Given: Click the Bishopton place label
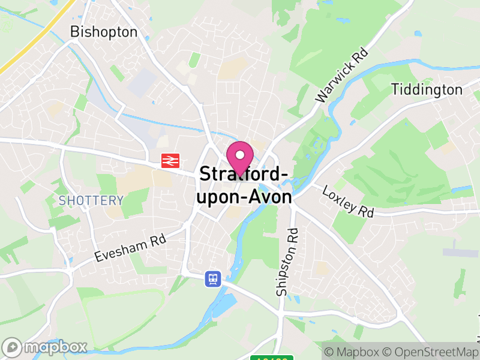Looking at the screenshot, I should pyautogui.click(x=104, y=32).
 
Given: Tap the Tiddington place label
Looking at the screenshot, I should pyautogui.click(x=427, y=90).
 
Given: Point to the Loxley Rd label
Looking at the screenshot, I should pyautogui.click(x=348, y=202).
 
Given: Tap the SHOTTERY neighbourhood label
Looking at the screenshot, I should pyautogui.click(x=91, y=200).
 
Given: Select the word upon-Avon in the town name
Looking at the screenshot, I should pyautogui.click(x=245, y=197).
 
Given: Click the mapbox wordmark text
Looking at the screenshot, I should pyautogui.click(x=55, y=347).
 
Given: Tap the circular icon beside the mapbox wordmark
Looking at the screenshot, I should pyautogui.click(x=12, y=347).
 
